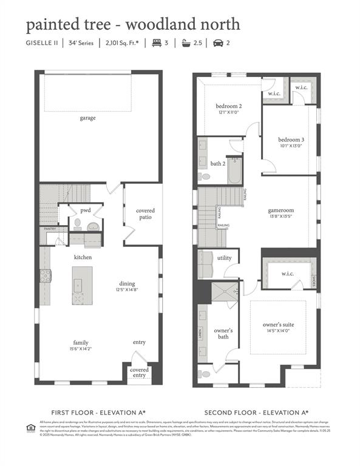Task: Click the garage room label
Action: [x=87, y=118]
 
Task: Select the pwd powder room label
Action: [x=86, y=210]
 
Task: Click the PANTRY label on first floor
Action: [x=50, y=229]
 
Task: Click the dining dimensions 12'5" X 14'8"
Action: [x=126, y=290]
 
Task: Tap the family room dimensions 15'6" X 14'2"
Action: [x=81, y=348]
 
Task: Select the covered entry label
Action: [x=139, y=373]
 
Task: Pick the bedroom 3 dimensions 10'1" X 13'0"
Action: [x=291, y=146]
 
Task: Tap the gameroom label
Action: [x=280, y=211]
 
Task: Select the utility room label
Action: [x=224, y=258]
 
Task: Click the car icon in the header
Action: [x=217, y=43]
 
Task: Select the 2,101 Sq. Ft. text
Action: [x=123, y=43]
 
